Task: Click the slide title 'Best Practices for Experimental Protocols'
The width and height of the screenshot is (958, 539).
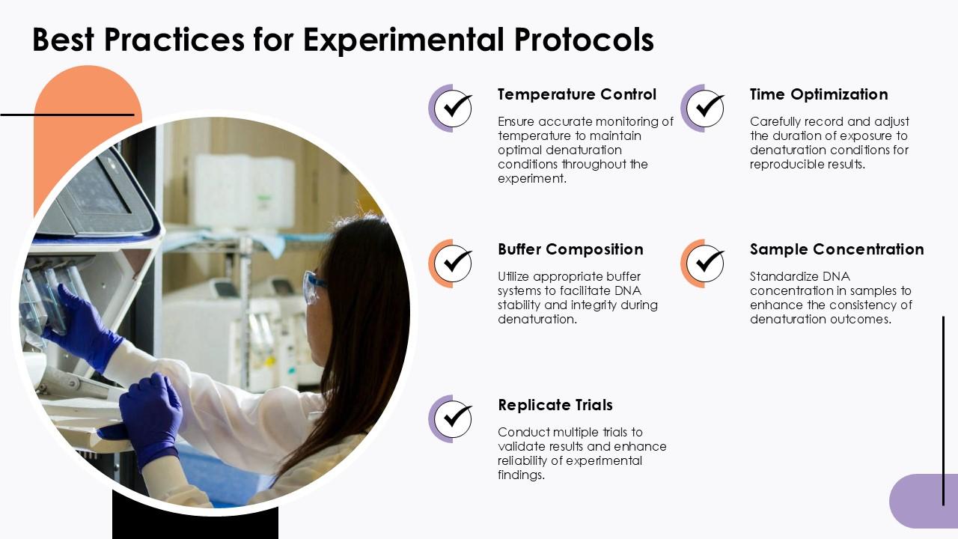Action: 343,40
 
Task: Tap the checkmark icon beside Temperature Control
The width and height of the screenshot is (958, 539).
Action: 453,109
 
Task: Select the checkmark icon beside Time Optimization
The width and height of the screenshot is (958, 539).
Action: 705,109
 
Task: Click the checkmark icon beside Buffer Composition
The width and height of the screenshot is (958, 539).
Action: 453,264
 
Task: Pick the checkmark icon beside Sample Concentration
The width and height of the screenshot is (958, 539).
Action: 705,264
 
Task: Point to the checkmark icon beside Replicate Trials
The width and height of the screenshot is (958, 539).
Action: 453,418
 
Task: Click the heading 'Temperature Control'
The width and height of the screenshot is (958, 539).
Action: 576,94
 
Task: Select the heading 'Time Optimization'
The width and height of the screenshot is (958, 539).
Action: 818,94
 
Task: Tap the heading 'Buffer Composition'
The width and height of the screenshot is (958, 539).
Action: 570,249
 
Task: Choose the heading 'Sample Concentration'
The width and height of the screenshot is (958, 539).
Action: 836,249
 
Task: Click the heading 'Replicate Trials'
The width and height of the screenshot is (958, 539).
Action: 555,405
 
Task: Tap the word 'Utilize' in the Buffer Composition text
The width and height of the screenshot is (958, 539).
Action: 513,276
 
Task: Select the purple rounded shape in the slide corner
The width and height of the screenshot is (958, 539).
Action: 922,501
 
